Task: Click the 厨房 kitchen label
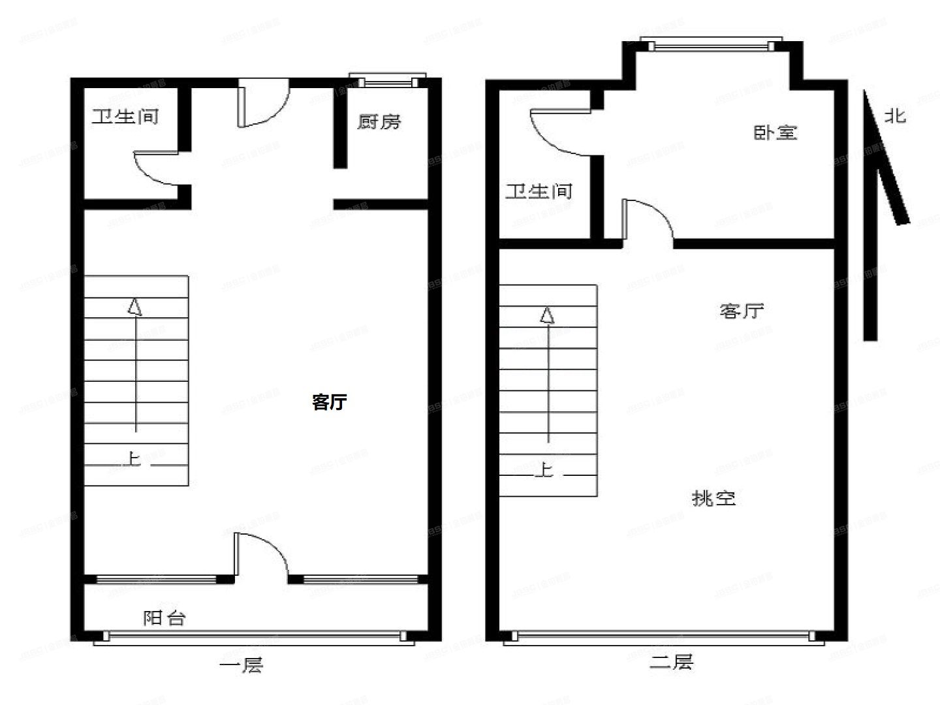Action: [379, 122]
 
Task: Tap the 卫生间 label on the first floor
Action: [125, 117]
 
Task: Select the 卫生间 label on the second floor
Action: [539, 191]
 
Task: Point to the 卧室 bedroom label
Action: [775, 133]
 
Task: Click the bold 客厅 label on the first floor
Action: [329, 402]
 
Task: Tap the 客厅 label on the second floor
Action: [742, 311]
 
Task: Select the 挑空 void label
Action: [713, 499]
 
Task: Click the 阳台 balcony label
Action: [164, 618]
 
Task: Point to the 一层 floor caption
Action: [241, 666]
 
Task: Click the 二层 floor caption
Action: [671, 663]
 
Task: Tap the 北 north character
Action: [895, 116]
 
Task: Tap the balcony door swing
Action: [261, 555]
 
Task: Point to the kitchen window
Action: [388, 81]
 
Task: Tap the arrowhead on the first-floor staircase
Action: [135, 307]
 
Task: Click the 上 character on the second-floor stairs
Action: [544, 469]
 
